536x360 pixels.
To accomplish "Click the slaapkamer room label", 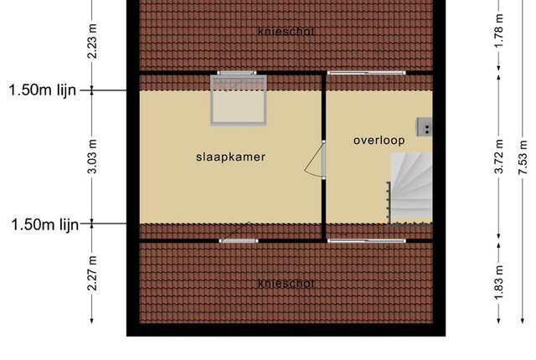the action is [230, 157].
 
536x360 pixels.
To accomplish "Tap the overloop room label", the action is [379, 141].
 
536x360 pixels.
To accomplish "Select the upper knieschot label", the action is [286, 32].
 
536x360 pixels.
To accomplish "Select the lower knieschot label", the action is [286, 284].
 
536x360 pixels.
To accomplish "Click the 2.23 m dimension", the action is [92, 41].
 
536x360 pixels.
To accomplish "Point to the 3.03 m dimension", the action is [92, 157].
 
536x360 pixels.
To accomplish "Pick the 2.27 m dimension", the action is [92, 273].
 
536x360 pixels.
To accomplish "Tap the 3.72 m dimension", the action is [499, 157].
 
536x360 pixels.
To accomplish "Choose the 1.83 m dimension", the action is [499, 283].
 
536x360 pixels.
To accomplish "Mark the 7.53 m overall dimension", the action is [523, 157].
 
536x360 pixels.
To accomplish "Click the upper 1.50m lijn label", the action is [43, 90].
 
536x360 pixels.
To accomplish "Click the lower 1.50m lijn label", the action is [45, 224].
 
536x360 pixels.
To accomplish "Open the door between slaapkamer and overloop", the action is [315, 160].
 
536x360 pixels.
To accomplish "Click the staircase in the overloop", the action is [410, 188].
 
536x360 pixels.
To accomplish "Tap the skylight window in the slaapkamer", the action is [239, 100].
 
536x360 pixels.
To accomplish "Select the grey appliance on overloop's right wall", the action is [425, 127].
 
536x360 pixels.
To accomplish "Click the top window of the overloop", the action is [367, 73].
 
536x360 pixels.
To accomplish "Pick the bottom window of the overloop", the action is [367, 241].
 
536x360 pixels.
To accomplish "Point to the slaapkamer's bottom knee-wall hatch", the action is [239, 241].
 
